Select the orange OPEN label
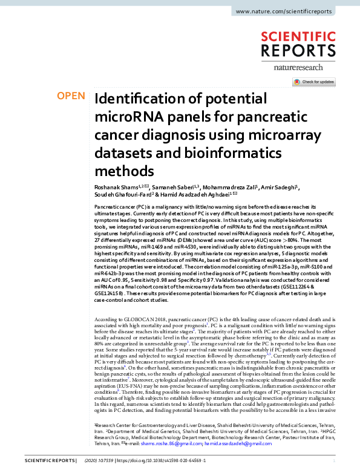click(70, 96)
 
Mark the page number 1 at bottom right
click(333, 460)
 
